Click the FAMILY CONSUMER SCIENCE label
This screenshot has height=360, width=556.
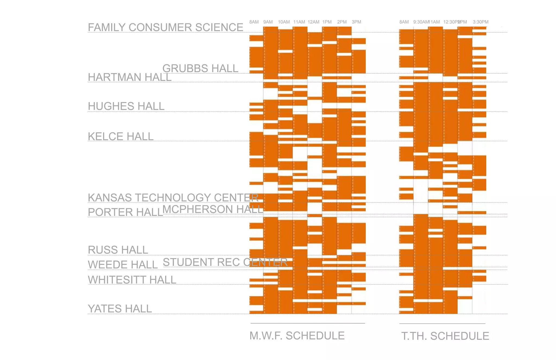pos(165,27)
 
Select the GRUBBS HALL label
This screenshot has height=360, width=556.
pos(200,68)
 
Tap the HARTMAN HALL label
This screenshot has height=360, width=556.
pos(129,77)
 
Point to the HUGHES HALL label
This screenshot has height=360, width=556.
pos(126,106)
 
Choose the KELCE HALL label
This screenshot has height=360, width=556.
pos(121,136)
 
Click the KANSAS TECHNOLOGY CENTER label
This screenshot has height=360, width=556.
pos(173,198)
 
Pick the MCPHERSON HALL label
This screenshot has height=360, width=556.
pos(213,209)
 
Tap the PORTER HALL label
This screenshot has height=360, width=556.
pos(125,212)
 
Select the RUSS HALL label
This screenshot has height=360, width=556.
pos(118,250)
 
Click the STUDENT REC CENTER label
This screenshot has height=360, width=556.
pos(225,262)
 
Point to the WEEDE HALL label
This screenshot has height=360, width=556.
pos(123,265)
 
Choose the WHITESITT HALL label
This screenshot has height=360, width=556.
pos(132,280)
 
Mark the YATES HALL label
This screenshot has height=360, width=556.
pos(120,309)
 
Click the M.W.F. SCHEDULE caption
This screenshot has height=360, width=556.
pos(297,336)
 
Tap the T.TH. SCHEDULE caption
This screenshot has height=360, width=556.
pos(445,336)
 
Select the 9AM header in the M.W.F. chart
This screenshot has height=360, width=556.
pos(268,22)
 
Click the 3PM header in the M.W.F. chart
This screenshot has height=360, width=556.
pos(356,22)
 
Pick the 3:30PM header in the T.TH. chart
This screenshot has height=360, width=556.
pos(480,22)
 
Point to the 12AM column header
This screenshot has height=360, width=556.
pos(313,22)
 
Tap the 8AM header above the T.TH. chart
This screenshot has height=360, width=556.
pos(404,22)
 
